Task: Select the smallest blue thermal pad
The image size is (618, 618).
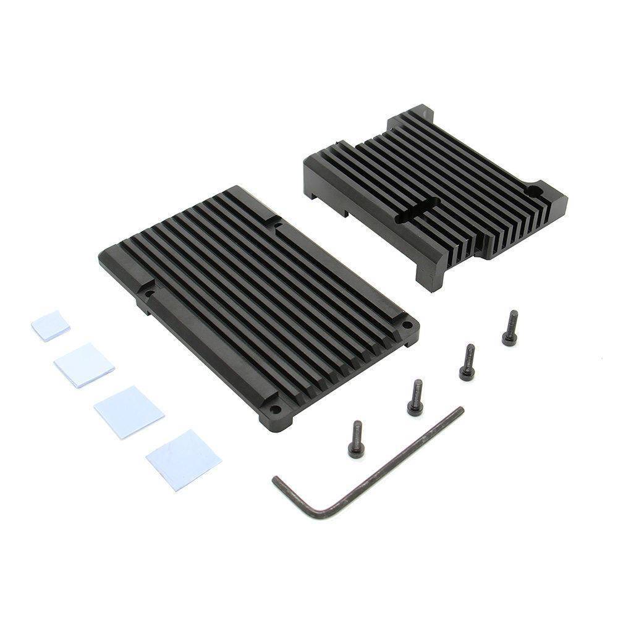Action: pos(51,326)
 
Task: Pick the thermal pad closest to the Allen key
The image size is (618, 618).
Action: pos(183,460)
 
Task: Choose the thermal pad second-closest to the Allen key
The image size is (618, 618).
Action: pos(129,411)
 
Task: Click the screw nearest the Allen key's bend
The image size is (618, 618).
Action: pos(356,439)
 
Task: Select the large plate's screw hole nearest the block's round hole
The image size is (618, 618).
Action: pos(406,324)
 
